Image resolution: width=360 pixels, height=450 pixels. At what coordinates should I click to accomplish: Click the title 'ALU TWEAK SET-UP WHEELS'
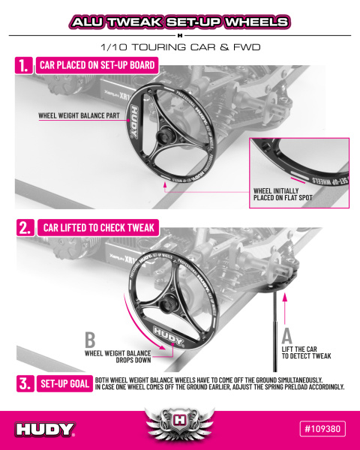[x=180, y=22]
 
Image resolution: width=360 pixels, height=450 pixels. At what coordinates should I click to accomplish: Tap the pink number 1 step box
[x=24, y=67]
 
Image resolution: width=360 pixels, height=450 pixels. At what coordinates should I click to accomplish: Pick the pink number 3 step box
[x=24, y=383]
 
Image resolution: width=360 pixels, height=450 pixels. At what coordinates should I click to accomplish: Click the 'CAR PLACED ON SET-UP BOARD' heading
[x=97, y=66]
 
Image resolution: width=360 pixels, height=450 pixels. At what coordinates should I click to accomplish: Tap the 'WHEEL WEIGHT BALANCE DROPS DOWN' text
[x=117, y=355]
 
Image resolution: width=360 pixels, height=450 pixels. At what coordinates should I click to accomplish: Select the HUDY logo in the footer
[x=45, y=430]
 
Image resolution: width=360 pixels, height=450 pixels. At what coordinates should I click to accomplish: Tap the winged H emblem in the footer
[x=180, y=424]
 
